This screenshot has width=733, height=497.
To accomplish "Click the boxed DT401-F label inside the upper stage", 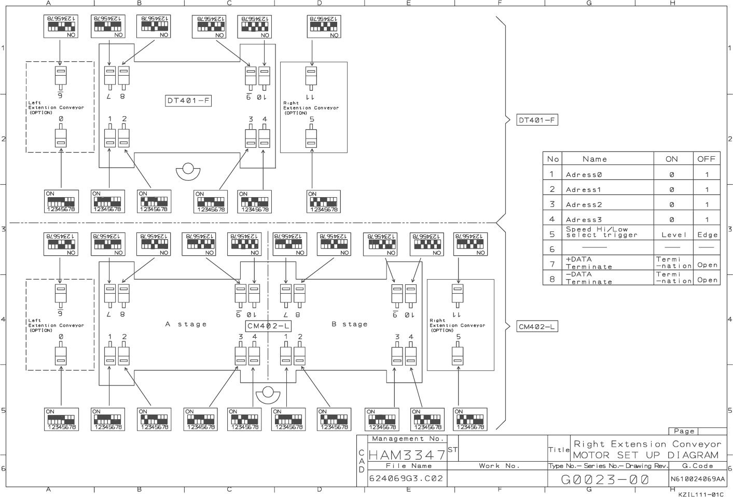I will (x=188, y=101).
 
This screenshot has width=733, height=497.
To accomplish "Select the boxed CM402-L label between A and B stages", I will (x=268, y=326).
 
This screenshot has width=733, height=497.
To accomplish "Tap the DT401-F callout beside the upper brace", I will (x=536, y=120).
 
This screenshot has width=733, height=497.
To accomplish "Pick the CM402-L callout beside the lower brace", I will (x=537, y=327).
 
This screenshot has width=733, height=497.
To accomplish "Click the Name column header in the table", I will (x=594, y=159).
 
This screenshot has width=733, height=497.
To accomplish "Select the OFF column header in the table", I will (x=706, y=159).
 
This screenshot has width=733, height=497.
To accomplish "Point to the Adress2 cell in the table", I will (x=584, y=205).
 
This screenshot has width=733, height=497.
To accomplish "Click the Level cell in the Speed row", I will (x=673, y=234).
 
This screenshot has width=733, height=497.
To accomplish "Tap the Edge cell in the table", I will (x=707, y=234).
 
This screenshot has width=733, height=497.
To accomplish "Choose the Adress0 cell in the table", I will (x=584, y=175).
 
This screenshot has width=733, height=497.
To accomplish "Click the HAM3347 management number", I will (x=407, y=455).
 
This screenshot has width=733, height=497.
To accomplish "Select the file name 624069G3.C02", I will (x=406, y=478).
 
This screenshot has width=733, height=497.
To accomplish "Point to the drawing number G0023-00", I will (x=605, y=480).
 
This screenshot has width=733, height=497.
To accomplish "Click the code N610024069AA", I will (x=698, y=479).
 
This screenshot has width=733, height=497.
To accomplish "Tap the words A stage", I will (x=186, y=324).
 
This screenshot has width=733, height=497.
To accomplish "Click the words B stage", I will (x=349, y=324).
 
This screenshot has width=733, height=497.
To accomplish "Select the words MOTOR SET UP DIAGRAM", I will (x=646, y=455).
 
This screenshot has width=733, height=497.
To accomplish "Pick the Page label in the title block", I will (x=684, y=431).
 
